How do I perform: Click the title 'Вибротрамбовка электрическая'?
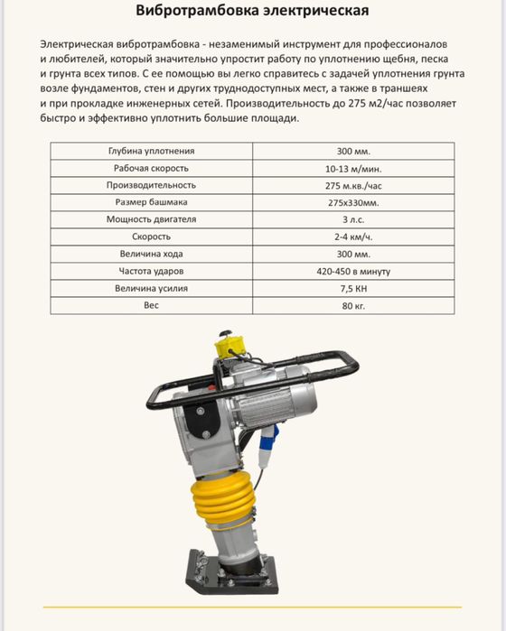(252, 12)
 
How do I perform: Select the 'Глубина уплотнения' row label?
(151, 151)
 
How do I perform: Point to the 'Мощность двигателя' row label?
(151, 219)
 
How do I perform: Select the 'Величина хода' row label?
(151, 254)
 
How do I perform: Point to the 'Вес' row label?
(151, 305)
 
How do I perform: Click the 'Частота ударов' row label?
(151, 271)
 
